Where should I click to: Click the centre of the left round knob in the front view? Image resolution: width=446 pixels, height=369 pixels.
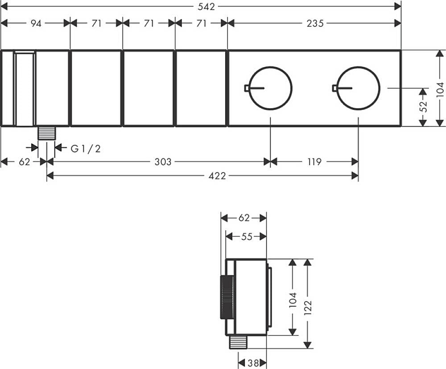(x=270, y=88)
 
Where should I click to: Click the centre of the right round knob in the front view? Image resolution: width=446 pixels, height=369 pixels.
(x=358, y=88)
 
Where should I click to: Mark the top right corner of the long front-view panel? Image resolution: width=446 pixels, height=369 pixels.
(x=401, y=50)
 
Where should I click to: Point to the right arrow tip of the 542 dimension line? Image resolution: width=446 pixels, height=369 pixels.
(x=401, y=7)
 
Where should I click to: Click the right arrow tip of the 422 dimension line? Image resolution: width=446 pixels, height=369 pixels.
(x=358, y=176)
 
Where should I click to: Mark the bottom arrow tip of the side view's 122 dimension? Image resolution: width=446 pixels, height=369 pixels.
(x=307, y=348)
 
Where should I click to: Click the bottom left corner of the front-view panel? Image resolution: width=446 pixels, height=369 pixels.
(x=1, y=126)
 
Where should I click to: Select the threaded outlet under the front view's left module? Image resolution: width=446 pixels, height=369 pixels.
(x=47, y=133)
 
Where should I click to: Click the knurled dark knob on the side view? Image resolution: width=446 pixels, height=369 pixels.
(x=227, y=297)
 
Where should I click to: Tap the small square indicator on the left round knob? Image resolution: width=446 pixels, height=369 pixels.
(x=247, y=88)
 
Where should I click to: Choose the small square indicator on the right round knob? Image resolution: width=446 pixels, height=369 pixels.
(x=334, y=88)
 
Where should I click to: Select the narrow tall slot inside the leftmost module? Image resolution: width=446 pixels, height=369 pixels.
(x=25, y=89)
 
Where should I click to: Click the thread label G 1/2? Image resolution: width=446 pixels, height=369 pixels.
(x=86, y=149)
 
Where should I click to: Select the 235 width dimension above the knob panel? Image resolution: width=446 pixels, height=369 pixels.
(x=315, y=23)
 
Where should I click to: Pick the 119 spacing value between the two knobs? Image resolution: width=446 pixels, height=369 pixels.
(x=314, y=162)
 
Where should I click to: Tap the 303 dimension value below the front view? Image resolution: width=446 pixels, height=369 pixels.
(x=163, y=162)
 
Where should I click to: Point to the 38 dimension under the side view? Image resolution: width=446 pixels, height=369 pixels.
(x=252, y=363)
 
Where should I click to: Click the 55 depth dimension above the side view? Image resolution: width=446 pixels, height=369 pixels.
(x=247, y=236)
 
